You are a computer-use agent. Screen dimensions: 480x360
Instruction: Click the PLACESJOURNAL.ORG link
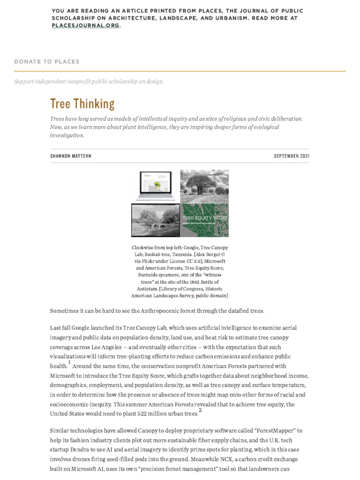[x=85, y=26]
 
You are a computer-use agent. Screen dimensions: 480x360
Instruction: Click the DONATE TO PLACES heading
[x=47, y=61]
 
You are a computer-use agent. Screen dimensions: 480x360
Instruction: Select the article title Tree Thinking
[x=82, y=104]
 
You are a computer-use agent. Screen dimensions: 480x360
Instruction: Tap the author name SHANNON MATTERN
[x=71, y=156]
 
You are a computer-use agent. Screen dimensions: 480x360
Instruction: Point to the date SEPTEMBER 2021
[x=292, y=156]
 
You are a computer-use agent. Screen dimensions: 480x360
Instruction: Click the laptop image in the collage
[x=155, y=186]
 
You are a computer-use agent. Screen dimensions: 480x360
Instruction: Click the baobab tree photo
[x=204, y=186]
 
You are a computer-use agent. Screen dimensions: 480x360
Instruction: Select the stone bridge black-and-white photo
[x=155, y=220]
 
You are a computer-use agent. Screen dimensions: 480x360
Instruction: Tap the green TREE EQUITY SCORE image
[x=204, y=220]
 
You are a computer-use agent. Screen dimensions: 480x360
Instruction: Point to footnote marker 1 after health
[x=69, y=362]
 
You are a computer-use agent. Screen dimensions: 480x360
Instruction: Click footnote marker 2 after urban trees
[x=200, y=410]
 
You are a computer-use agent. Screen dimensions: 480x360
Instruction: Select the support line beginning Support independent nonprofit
[x=89, y=82]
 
